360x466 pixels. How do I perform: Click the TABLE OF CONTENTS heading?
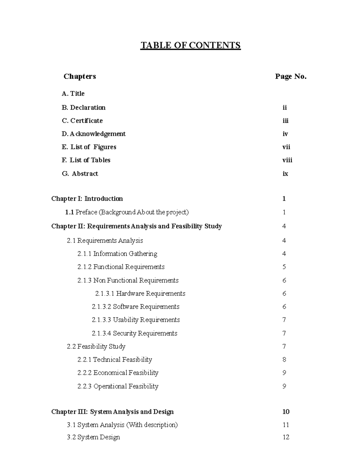190,45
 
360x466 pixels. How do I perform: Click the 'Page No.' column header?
290,77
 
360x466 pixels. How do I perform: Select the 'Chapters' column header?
79,77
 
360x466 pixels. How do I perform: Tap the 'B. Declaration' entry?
83,107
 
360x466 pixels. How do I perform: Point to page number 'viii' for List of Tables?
287,160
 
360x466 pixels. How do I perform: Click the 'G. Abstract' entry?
80,173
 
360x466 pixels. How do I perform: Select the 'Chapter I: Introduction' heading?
87,199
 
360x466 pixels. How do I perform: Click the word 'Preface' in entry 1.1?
86,212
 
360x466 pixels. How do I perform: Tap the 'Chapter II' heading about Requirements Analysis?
136,226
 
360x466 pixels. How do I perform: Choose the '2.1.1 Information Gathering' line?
117,254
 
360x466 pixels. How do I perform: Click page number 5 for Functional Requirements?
284,267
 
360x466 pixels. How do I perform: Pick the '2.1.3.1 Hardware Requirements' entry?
140,293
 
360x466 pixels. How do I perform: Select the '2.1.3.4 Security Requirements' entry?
134,333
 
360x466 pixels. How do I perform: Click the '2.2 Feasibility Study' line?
96,346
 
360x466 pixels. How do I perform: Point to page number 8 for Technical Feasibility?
284,359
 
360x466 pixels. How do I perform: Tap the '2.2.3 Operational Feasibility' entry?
118,386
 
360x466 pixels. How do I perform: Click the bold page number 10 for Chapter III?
286,412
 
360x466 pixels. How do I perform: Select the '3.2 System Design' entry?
93,437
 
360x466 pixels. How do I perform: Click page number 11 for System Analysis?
286,425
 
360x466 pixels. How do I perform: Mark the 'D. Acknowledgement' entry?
94,134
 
